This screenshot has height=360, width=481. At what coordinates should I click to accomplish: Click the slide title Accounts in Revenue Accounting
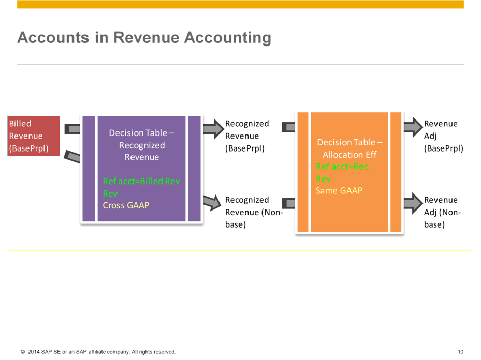144,38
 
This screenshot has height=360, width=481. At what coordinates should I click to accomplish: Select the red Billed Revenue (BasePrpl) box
34,136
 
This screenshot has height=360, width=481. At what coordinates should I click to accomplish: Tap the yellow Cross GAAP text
126,205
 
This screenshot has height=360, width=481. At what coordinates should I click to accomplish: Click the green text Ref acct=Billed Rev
141,182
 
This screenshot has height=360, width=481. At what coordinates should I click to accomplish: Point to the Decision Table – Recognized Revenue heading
141,145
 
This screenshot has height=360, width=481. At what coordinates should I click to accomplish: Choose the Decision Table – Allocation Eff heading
349,148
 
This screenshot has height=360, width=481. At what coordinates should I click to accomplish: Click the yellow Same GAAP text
339,191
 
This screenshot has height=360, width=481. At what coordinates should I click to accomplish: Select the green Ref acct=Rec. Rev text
343,172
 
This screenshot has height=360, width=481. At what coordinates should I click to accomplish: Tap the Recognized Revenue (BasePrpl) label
247,136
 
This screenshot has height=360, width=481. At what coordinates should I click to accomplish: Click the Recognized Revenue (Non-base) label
254,212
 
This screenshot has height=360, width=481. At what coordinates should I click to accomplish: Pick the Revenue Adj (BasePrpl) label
443,136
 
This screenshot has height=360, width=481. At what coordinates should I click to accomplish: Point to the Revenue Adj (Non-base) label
442,212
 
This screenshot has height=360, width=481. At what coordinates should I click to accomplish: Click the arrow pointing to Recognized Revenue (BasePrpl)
213,129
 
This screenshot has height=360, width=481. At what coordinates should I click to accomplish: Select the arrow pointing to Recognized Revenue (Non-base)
212,202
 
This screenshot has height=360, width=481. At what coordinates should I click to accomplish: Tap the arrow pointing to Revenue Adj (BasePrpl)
413,127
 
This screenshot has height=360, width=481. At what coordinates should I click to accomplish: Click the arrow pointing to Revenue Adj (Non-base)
413,203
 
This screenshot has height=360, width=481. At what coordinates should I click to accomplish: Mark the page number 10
460,352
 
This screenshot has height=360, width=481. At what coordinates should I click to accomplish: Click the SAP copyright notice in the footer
98,352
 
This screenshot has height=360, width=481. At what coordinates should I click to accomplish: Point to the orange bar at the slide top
240,4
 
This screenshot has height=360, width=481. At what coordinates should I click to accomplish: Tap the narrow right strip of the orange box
396,172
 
